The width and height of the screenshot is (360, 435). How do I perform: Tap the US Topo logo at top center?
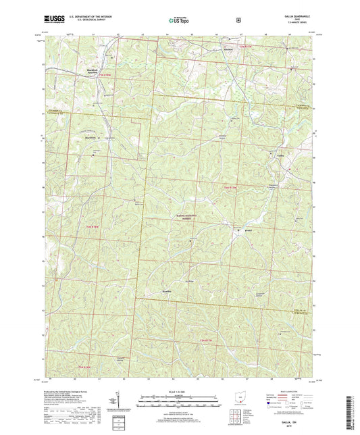[x=180, y=21]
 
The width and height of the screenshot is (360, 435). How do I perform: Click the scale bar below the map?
[x=179, y=403]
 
